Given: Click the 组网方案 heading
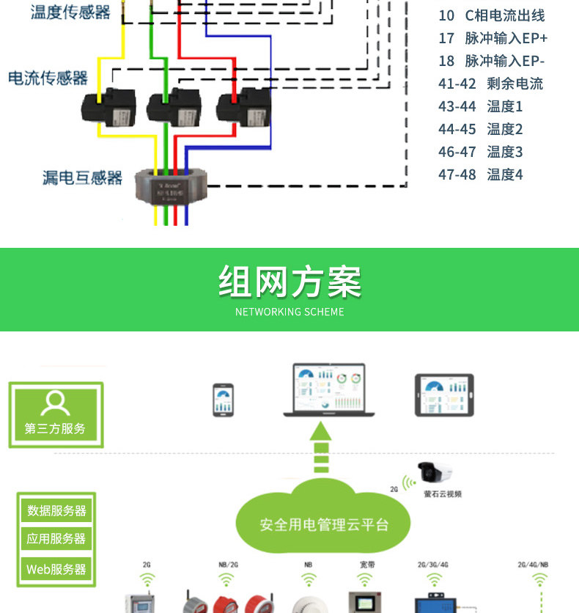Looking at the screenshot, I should coord(289,282).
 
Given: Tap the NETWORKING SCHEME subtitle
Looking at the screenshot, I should coord(289,312).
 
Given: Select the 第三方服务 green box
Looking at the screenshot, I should coord(56,414).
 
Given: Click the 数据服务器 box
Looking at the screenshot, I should coord(56,511).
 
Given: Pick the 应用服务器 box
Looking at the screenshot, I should coord(56,539).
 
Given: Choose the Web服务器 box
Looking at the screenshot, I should coord(56,569).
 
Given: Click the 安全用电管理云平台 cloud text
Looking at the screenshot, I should coord(324,525).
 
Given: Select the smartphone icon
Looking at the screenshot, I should coord(224,400).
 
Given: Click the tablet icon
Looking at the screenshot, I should coord(444,395).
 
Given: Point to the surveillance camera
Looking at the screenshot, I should coord(434,473).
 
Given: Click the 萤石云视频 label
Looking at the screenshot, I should coord(443,494).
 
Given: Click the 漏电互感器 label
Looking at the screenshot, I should coord(82,177).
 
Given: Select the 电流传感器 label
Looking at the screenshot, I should coord(48,78).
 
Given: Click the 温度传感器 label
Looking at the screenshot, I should coord(70,12).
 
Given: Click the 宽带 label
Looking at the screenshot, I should coord(367,565).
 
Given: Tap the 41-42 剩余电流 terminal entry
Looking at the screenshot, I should coord(490,84).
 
